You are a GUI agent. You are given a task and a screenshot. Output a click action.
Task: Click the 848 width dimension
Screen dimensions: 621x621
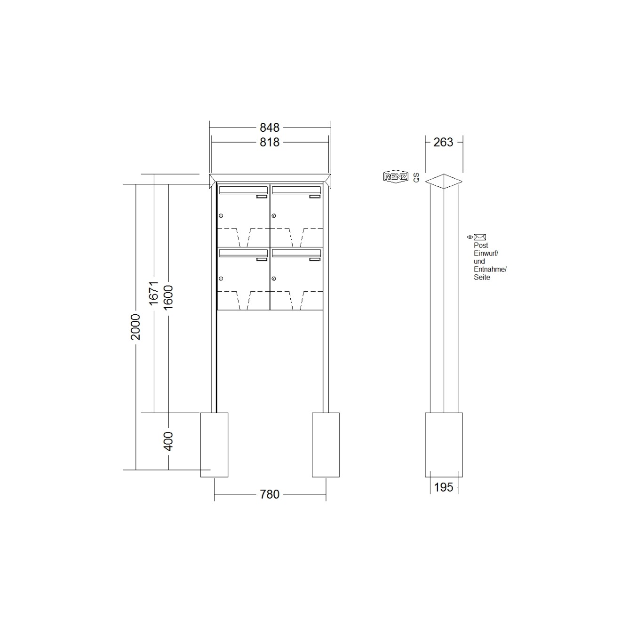pos(270,128)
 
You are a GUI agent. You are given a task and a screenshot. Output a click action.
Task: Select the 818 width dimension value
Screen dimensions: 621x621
pos(270,142)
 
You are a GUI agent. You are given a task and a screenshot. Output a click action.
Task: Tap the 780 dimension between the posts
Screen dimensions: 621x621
pos(270,494)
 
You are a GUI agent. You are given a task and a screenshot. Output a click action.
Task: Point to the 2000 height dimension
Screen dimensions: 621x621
pos(135,327)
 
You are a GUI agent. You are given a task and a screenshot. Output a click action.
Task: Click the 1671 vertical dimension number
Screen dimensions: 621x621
pos(154,293)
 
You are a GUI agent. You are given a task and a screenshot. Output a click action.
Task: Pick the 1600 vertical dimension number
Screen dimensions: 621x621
pos(168,298)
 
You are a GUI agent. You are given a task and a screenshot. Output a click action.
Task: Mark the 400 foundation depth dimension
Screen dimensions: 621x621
pos(168,441)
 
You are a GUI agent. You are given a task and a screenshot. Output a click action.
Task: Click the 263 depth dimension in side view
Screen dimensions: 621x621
pos(443,142)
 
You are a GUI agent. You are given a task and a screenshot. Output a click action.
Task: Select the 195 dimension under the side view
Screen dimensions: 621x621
pos(444,487)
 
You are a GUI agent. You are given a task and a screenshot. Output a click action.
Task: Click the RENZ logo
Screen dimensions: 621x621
pos(396,176)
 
